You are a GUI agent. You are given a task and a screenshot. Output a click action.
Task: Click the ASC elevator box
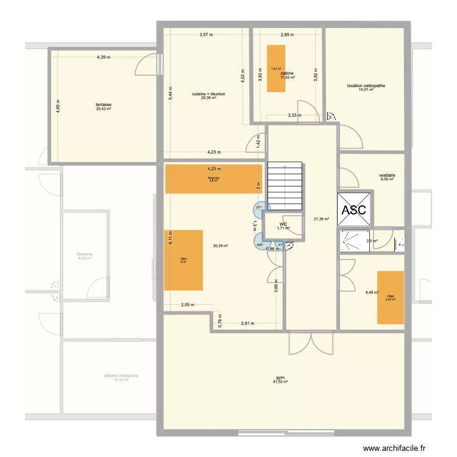click(x=354, y=210)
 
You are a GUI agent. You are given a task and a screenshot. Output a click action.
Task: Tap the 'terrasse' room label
click(x=103, y=105)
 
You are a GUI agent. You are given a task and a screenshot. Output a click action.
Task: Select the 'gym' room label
click(x=281, y=377)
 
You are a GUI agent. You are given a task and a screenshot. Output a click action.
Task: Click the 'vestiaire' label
click(x=388, y=174)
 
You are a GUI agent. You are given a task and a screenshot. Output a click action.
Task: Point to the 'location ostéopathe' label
click(x=366, y=86)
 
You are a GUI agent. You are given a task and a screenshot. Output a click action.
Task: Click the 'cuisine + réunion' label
click(x=208, y=94)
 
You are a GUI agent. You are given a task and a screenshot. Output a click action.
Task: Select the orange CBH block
click(x=183, y=260)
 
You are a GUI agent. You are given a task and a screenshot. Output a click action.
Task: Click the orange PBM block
click(x=390, y=297)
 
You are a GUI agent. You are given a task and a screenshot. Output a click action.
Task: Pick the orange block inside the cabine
click(x=276, y=68)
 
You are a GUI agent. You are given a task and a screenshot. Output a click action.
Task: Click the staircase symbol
click(x=286, y=185)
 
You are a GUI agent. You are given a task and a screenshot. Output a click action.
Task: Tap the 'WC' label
click(x=283, y=224)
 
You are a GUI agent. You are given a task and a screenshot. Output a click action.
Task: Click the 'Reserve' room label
click(x=84, y=254)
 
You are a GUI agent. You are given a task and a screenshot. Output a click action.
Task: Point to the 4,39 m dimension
click(x=103, y=57)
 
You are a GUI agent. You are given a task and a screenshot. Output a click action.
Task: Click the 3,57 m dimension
click(x=206, y=35)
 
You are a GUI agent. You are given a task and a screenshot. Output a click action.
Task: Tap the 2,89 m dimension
click(x=288, y=35)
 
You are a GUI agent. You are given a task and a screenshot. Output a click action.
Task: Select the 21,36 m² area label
click(x=321, y=219)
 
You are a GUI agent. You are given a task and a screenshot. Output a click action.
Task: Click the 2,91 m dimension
click(x=247, y=323)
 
